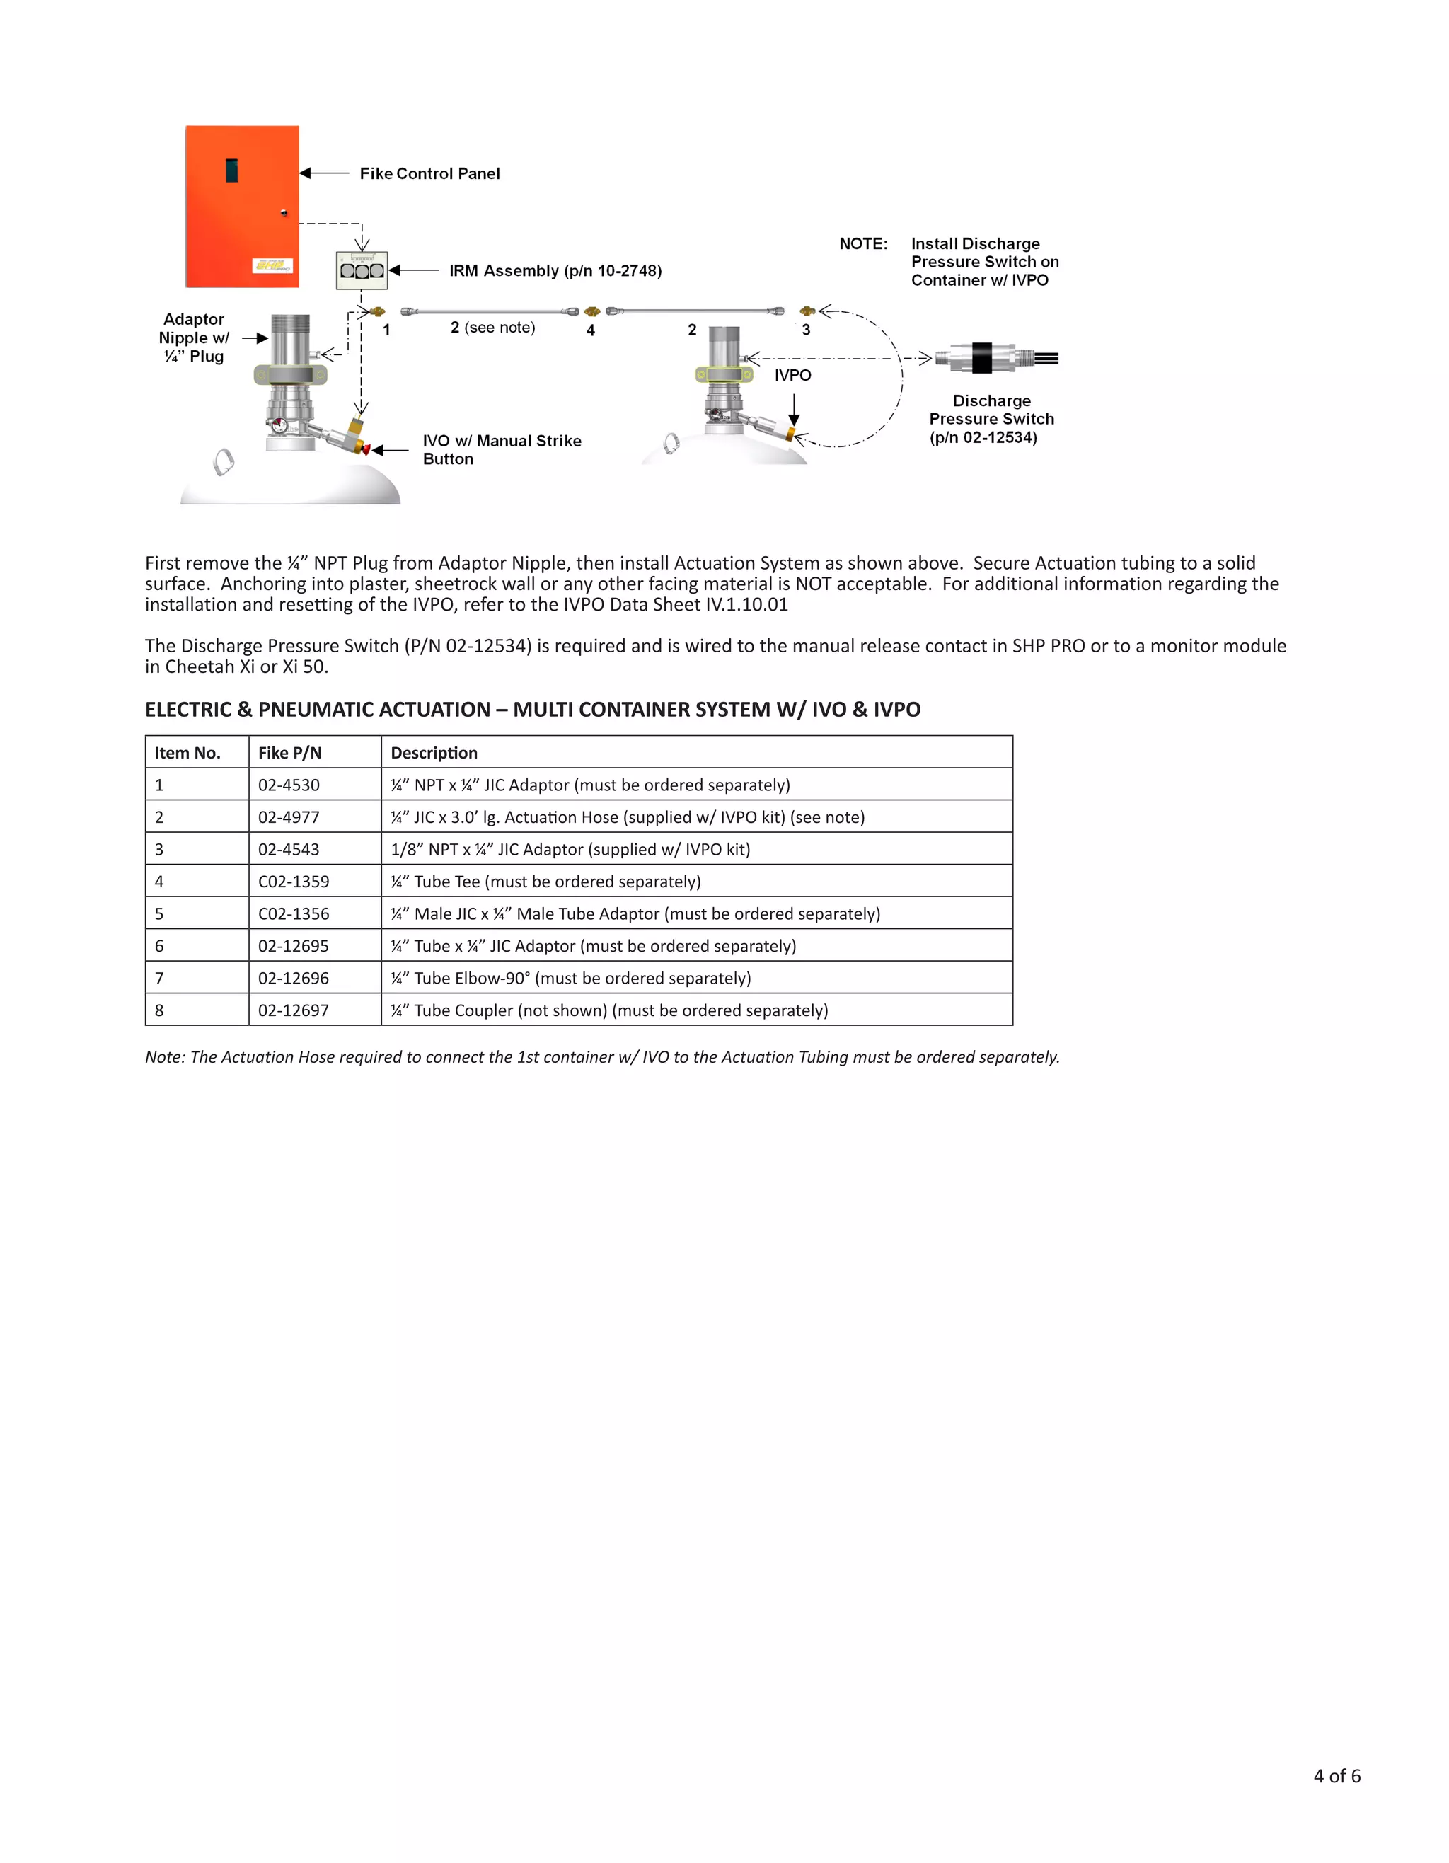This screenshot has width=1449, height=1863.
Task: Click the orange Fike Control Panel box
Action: [x=241, y=207]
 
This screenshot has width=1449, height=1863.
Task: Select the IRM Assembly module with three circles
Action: [x=362, y=270]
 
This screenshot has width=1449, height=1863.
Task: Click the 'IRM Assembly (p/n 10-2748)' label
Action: [x=555, y=270]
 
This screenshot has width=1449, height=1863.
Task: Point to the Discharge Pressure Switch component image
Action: [x=995, y=358]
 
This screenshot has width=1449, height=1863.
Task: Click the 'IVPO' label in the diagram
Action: [x=792, y=375]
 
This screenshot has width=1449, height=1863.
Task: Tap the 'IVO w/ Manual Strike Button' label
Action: [x=502, y=449]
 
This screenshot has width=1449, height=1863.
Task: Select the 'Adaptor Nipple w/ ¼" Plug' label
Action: [x=194, y=338]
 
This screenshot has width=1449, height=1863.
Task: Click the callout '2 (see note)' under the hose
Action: [x=493, y=328]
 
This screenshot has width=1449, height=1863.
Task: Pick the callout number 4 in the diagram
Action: [x=590, y=330]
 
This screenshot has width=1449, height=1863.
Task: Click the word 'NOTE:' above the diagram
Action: [x=863, y=244]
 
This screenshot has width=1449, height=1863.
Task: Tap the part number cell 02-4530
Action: [x=289, y=785]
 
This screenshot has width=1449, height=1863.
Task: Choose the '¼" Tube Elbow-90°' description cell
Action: [x=570, y=979]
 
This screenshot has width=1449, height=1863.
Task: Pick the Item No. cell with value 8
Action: [x=159, y=1011]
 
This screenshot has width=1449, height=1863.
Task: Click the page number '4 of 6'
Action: [x=1337, y=1775]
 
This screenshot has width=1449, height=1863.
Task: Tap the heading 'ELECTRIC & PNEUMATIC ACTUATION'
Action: [x=532, y=710]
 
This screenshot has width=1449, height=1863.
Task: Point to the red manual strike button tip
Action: [x=366, y=449]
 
